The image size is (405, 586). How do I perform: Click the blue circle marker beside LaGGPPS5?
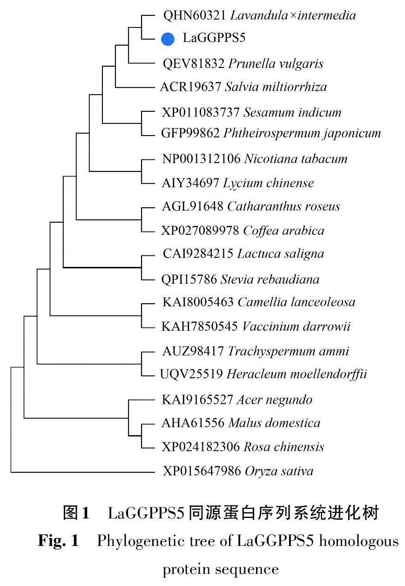(x=168, y=39)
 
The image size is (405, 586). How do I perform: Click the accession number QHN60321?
(x=195, y=15)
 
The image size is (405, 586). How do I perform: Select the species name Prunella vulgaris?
(x=276, y=63)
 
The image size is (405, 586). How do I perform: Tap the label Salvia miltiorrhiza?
(x=276, y=87)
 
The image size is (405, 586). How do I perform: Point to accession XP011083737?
(x=201, y=112)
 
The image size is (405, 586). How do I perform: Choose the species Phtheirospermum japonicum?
(x=302, y=133)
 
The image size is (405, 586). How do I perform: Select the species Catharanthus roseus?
(x=283, y=206)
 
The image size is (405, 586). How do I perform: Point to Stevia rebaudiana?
(x=270, y=279)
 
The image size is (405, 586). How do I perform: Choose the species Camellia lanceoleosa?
(x=297, y=302)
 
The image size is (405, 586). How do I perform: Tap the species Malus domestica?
(x=274, y=423)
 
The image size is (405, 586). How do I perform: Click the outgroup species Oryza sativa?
(x=279, y=471)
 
